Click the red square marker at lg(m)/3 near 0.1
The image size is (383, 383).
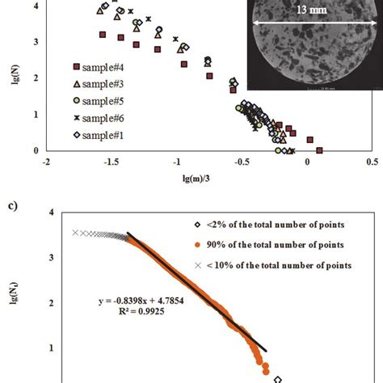pyautogui.click(x=319, y=149)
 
